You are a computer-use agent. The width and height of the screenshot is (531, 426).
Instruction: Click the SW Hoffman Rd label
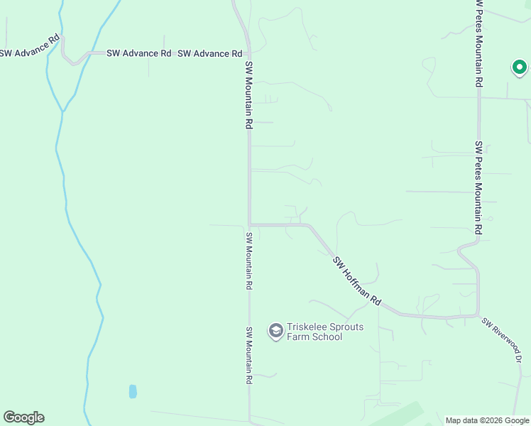(357, 282)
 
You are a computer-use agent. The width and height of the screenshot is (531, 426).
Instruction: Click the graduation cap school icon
(275, 331)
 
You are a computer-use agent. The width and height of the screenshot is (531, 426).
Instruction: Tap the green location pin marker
(519, 68)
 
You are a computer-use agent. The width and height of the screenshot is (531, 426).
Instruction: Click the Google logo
(23, 417)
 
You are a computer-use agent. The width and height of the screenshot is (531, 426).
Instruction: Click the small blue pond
(133, 391)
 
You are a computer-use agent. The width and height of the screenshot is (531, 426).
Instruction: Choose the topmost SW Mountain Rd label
(249, 94)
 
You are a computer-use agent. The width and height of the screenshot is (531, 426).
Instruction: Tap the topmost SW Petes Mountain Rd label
(480, 43)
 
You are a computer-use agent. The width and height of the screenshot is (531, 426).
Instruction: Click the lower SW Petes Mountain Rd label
(478, 188)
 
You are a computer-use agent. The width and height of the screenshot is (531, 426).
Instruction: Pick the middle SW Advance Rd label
(139, 53)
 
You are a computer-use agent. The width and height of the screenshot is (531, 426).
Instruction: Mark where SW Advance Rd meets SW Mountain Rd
(248, 53)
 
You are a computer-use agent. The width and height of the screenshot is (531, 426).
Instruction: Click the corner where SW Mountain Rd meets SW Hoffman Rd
(249, 224)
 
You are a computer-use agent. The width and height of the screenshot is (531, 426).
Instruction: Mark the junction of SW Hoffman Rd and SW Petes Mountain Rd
(478, 315)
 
